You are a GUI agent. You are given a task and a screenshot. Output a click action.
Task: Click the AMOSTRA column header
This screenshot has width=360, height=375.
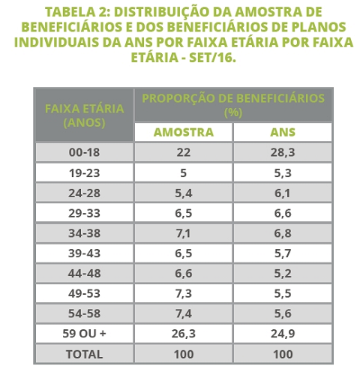pyautogui.click(x=184, y=132)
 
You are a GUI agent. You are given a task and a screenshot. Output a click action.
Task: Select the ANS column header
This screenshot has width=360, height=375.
pyautogui.click(x=283, y=132)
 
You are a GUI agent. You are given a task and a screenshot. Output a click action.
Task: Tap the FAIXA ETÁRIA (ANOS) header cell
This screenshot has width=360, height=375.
pyautogui.click(x=84, y=115)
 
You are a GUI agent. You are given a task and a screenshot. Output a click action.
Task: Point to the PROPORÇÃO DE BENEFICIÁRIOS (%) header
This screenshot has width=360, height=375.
pyautogui.click(x=233, y=105)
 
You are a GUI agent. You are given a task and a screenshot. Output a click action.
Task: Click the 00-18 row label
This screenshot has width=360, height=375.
pyautogui.click(x=84, y=152)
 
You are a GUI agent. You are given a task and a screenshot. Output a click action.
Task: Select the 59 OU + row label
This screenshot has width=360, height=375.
pyautogui.click(x=84, y=334)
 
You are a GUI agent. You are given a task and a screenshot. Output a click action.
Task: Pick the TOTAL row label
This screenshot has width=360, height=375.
pyautogui.click(x=84, y=354)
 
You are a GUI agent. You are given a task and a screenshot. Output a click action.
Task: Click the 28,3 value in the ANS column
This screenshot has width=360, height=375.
pyautogui.click(x=283, y=152)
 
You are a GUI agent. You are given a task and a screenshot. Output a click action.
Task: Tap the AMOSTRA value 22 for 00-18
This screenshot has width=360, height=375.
pyautogui.click(x=184, y=152)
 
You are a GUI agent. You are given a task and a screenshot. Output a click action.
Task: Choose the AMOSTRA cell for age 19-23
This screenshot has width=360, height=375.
pyautogui.click(x=184, y=173)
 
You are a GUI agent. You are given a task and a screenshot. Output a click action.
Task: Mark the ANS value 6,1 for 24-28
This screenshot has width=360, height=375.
pyautogui.click(x=283, y=193)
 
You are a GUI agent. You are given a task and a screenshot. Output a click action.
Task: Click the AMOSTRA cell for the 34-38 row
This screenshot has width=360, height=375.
pyautogui.click(x=184, y=233)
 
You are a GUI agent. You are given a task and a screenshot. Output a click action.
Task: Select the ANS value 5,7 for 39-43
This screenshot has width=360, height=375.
pyautogui.click(x=283, y=253)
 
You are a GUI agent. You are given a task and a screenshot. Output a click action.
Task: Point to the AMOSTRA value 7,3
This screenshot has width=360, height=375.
pyautogui.click(x=184, y=293)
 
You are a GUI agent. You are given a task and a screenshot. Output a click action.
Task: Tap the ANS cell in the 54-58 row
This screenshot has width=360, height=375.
pyautogui.click(x=283, y=313)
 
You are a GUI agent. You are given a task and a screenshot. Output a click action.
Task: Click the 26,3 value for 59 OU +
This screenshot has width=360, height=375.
pyautogui.click(x=184, y=334)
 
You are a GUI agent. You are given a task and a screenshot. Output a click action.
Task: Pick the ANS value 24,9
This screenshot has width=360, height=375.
pyautogui.click(x=283, y=334)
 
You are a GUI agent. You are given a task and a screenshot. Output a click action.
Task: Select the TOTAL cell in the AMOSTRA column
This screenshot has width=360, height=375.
pyautogui.click(x=184, y=354)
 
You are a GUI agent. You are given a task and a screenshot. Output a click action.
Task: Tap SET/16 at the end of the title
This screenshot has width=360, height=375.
pyautogui.click(x=212, y=58)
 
